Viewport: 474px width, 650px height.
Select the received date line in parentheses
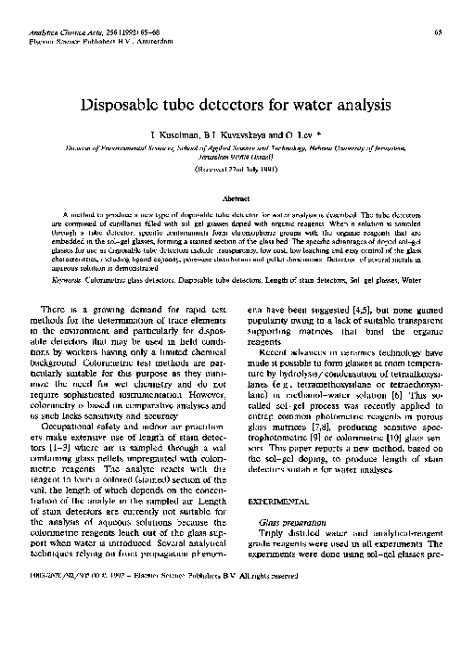click(x=237, y=171)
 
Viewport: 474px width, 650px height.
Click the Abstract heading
click(x=237, y=198)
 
